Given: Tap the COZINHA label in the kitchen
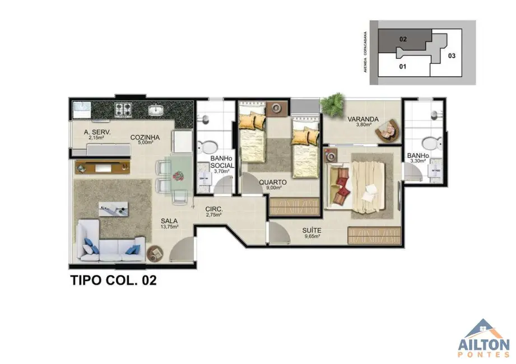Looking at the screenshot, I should [145, 137].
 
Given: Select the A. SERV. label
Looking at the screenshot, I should [97, 133].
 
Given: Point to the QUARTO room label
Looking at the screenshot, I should [273, 182].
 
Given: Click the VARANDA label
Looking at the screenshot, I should [363, 119].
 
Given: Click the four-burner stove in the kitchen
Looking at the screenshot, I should [123, 108].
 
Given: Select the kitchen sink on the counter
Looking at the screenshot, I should [155, 110].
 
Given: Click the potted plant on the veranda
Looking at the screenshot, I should [336, 101].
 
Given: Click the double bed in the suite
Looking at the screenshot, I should [359, 183].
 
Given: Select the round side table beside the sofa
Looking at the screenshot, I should [155, 254].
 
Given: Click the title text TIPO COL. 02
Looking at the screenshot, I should [113, 280].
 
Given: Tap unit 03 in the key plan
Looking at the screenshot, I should [452, 55].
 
